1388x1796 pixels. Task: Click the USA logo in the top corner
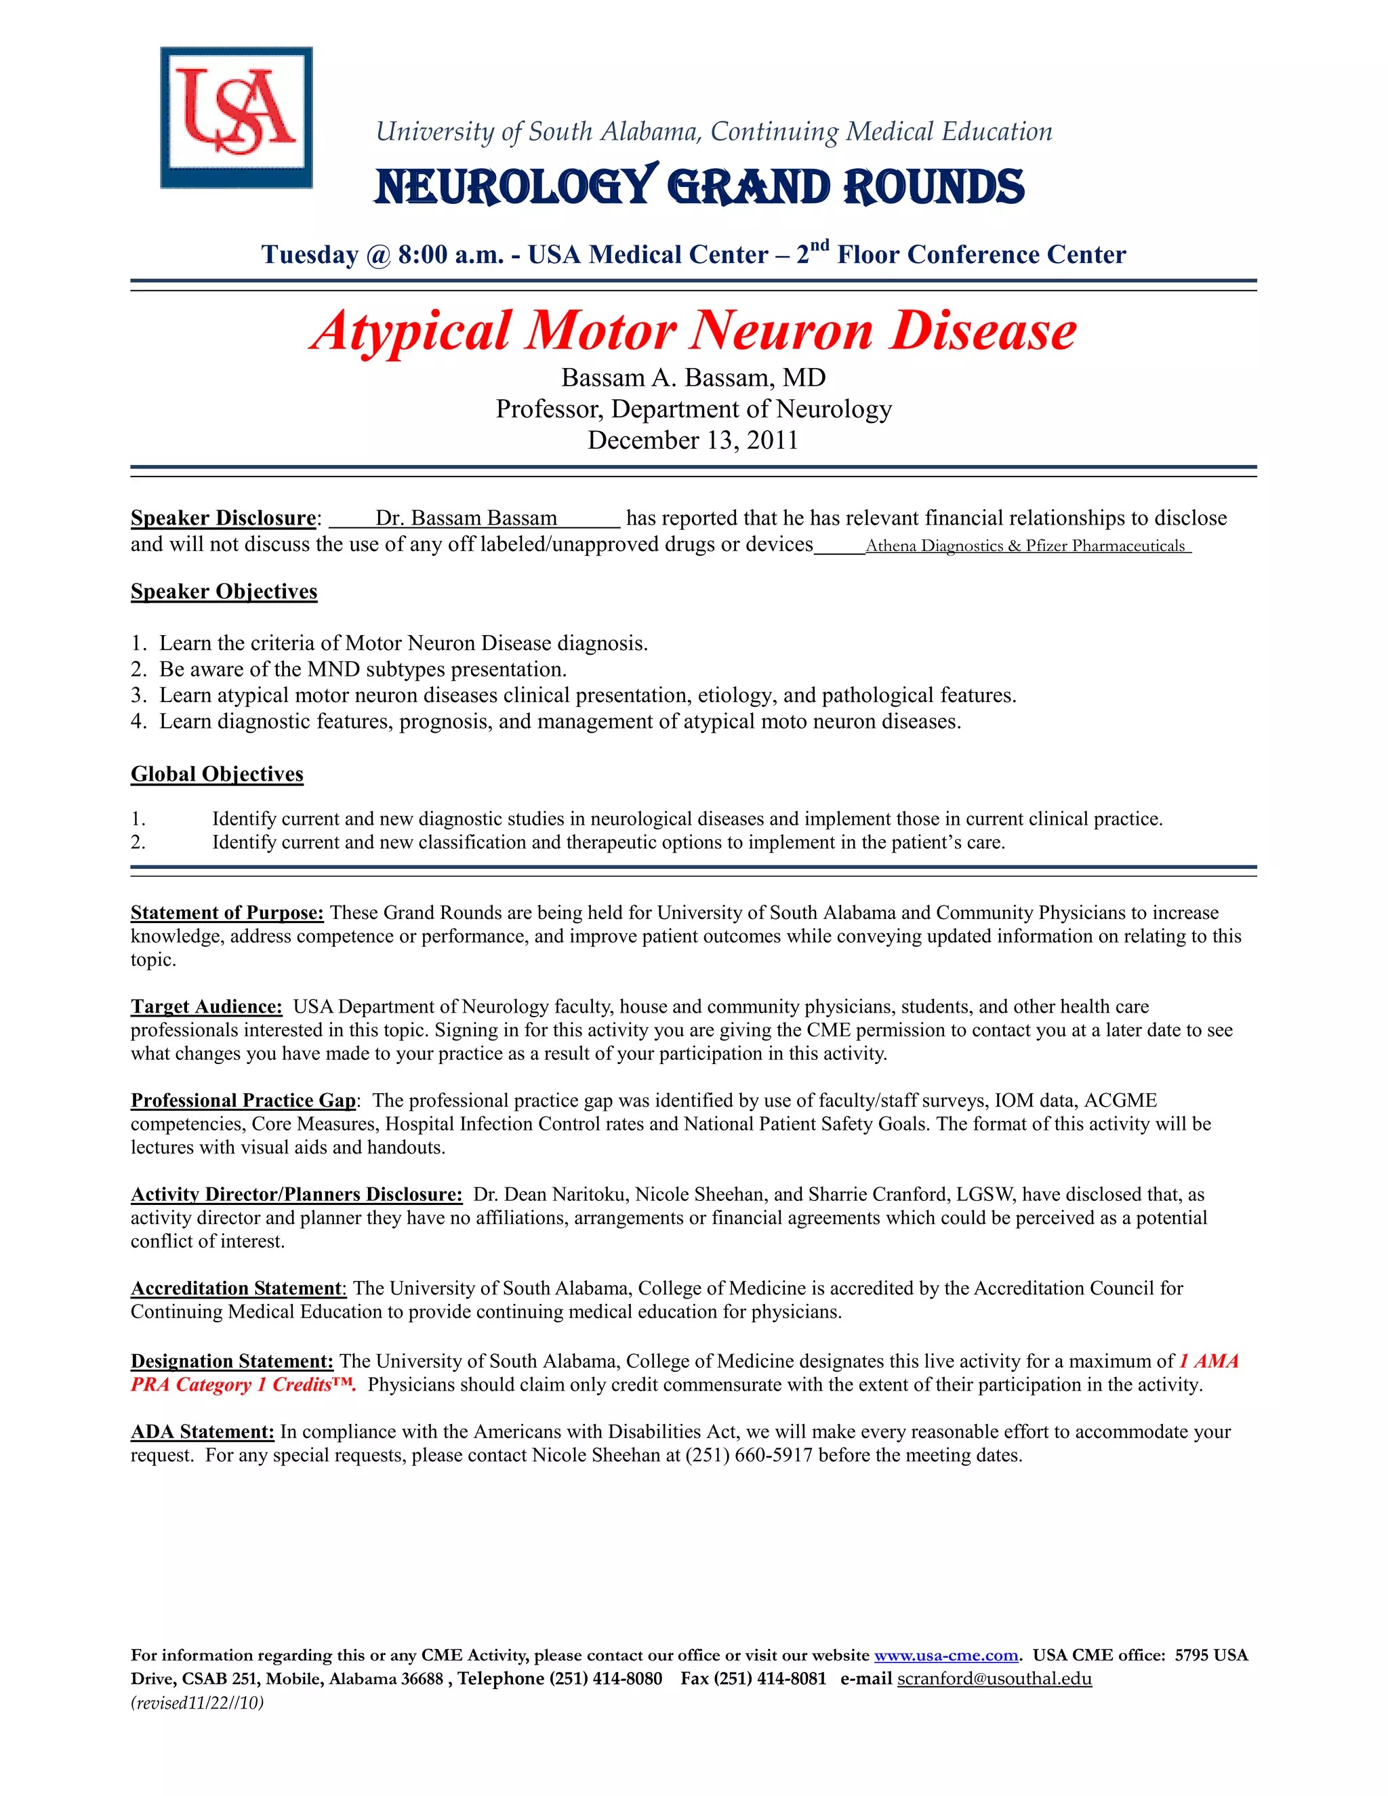click(236, 118)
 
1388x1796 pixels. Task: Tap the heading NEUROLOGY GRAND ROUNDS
click(699, 186)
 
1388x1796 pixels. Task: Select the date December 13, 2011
click(693, 440)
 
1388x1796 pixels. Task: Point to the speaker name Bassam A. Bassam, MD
click(693, 377)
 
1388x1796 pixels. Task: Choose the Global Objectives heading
click(217, 774)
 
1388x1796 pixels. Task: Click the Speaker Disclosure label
click(223, 518)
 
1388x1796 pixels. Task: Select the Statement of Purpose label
click(227, 913)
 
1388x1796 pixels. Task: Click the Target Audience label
click(207, 1006)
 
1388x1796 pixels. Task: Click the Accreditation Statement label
click(237, 1288)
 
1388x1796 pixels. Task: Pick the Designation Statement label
click(232, 1361)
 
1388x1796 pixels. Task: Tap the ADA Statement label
click(202, 1431)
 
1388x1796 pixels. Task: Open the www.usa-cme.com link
click(945, 1656)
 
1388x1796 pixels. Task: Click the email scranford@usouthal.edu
click(994, 1678)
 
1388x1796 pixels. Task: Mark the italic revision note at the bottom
click(197, 1703)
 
